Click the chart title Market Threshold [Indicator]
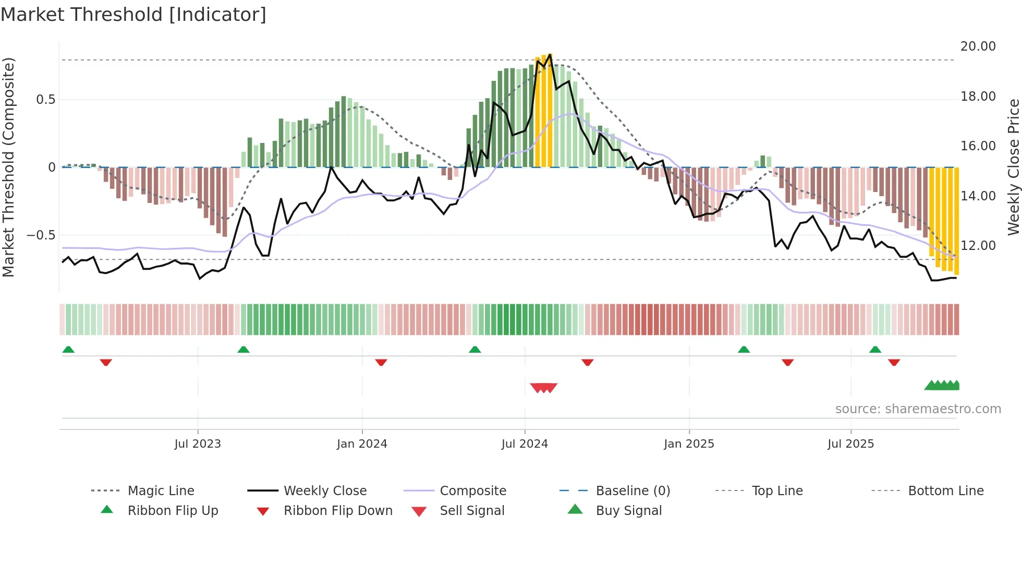coord(133,15)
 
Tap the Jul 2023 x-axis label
coord(198,444)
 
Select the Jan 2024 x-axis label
coord(362,444)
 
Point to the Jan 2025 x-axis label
coord(689,444)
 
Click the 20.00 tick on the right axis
coord(978,46)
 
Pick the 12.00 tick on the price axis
coord(978,246)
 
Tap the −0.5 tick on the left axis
coord(41,235)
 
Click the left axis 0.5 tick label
coord(45,100)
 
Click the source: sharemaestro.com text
coord(918,409)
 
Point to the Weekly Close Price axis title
coord(1013,167)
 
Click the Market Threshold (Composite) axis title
coord(8,167)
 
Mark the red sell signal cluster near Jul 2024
coord(543,388)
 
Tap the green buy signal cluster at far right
coord(942,386)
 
